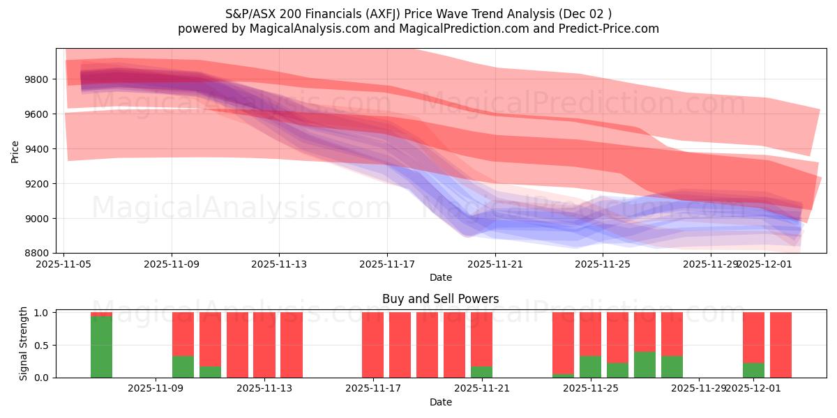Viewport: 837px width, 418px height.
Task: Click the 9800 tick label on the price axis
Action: click(x=36, y=79)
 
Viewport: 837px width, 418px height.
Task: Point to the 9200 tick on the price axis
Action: click(x=36, y=184)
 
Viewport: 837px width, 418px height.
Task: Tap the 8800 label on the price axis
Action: click(x=36, y=253)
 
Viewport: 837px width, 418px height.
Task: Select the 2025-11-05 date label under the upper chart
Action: click(x=64, y=264)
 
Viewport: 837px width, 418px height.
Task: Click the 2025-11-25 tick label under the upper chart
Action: click(x=603, y=264)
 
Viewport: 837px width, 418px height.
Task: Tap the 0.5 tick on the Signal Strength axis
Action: click(x=41, y=346)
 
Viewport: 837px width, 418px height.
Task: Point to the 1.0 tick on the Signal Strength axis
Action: click(x=41, y=313)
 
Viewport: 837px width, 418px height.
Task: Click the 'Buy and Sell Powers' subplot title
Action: click(x=440, y=299)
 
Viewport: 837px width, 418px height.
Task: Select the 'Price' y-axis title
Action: click(x=15, y=151)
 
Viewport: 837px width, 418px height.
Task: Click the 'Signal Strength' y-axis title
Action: click(x=24, y=344)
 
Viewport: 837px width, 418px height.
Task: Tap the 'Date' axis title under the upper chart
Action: click(x=440, y=277)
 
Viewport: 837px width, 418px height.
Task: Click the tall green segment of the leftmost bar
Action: click(x=101, y=347)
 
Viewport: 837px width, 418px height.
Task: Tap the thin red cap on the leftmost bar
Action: click(x=101, y=314)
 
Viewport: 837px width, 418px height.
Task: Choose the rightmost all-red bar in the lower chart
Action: click(x=781, y=345)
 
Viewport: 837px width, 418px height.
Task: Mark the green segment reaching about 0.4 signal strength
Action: click(x=644, y=364)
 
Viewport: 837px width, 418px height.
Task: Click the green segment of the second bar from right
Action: click(x=753, y=370)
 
